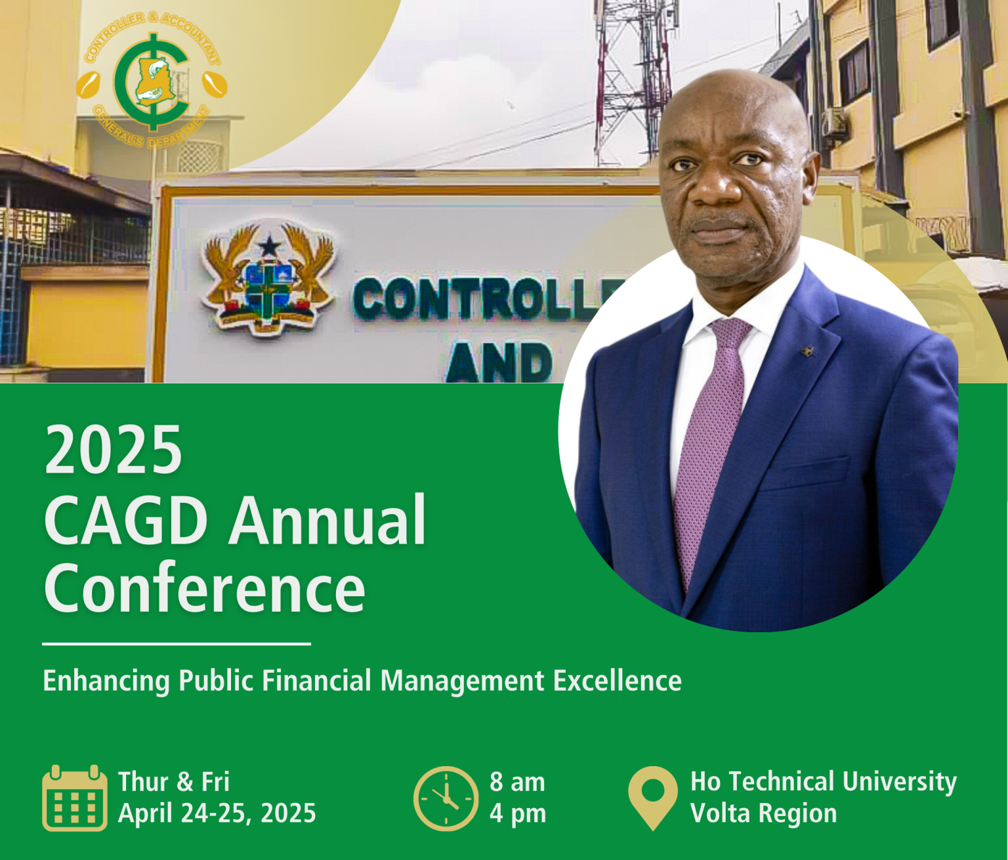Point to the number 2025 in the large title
113,449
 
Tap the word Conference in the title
205,587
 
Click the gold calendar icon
75,798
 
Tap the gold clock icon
446,798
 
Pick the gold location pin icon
653,798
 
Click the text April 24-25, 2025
217,813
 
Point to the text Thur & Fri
174,782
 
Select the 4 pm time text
518,814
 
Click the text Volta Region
764,813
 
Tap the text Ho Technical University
824,782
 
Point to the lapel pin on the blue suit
807,351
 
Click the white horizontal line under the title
177,644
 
